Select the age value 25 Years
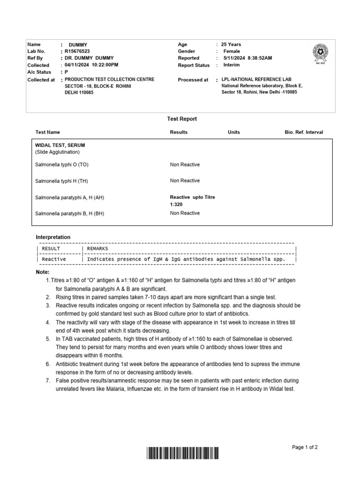click(x=231, y=45)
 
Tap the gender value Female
click(x=232, y=51)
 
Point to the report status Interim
click(x=231, y=65)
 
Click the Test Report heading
click(x=182, y=119)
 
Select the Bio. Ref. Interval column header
click(x=304, y=132)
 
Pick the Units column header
click(x=233, y=132)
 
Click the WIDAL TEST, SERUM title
click(x=60, y=145)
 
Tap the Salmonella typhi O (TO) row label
click(x=61, y=165)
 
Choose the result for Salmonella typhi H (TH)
click(x=185, y=180)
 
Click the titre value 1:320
click(x=177, y=205)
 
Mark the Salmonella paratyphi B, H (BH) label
click(x=69, y=213)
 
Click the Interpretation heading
click(x=53, y=237)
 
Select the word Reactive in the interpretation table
click(x=54, y=259)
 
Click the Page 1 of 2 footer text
click(x=305, y=447)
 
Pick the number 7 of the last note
click(x=48, y=380)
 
